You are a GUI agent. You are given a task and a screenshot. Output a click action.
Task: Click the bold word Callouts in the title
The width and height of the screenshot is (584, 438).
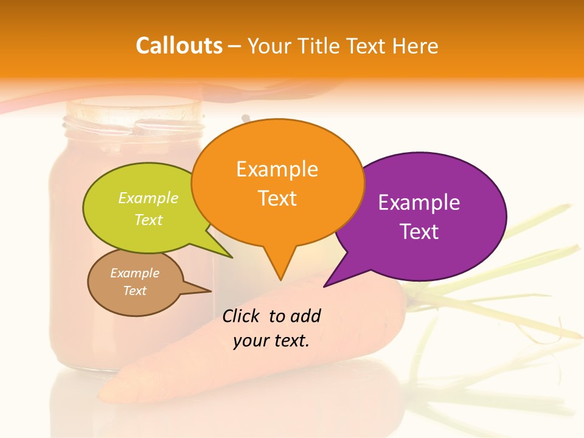tap(179, 46)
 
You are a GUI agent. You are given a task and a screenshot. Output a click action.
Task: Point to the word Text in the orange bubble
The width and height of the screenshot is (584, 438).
tap(277, 198)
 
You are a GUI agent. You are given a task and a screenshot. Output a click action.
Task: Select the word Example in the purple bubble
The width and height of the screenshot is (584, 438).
tap(419, 203)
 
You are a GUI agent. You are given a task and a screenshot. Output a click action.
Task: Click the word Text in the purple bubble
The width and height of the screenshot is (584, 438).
tap(419, 231)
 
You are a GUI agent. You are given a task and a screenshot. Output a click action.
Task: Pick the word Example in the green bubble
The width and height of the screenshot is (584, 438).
tap(148, 198)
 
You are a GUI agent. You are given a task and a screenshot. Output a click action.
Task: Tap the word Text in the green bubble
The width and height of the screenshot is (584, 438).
tap(148, 220)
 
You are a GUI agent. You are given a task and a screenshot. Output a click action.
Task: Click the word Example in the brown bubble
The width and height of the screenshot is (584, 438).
tap(135, 273)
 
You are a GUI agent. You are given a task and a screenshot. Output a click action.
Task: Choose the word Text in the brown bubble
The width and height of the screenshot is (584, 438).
tap(135, 291)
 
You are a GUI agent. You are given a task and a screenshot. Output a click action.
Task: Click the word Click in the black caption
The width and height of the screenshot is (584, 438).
tap(242, 316)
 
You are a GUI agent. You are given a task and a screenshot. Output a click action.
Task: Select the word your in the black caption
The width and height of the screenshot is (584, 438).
tap(250, 341)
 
